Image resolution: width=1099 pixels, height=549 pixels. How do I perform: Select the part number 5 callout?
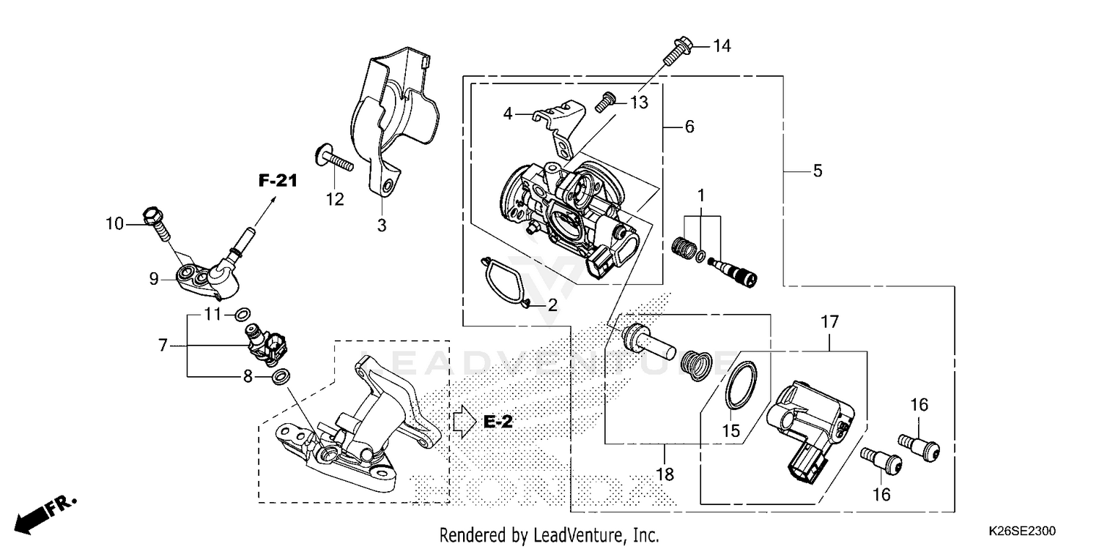tap(818, 171)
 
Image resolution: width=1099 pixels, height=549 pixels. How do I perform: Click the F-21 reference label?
tap(277, 181)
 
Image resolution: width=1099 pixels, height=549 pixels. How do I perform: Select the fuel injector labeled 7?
tap(266, 344)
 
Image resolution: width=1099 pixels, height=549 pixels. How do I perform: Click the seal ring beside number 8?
tap(281, 377)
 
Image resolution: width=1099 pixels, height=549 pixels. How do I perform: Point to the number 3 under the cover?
tap(381, 225)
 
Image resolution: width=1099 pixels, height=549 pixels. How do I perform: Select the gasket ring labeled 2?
tap(506, 282)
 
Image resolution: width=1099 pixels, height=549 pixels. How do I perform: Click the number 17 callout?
tap(829, 321)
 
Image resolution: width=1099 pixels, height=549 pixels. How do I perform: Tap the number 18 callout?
tap(665, 474)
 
